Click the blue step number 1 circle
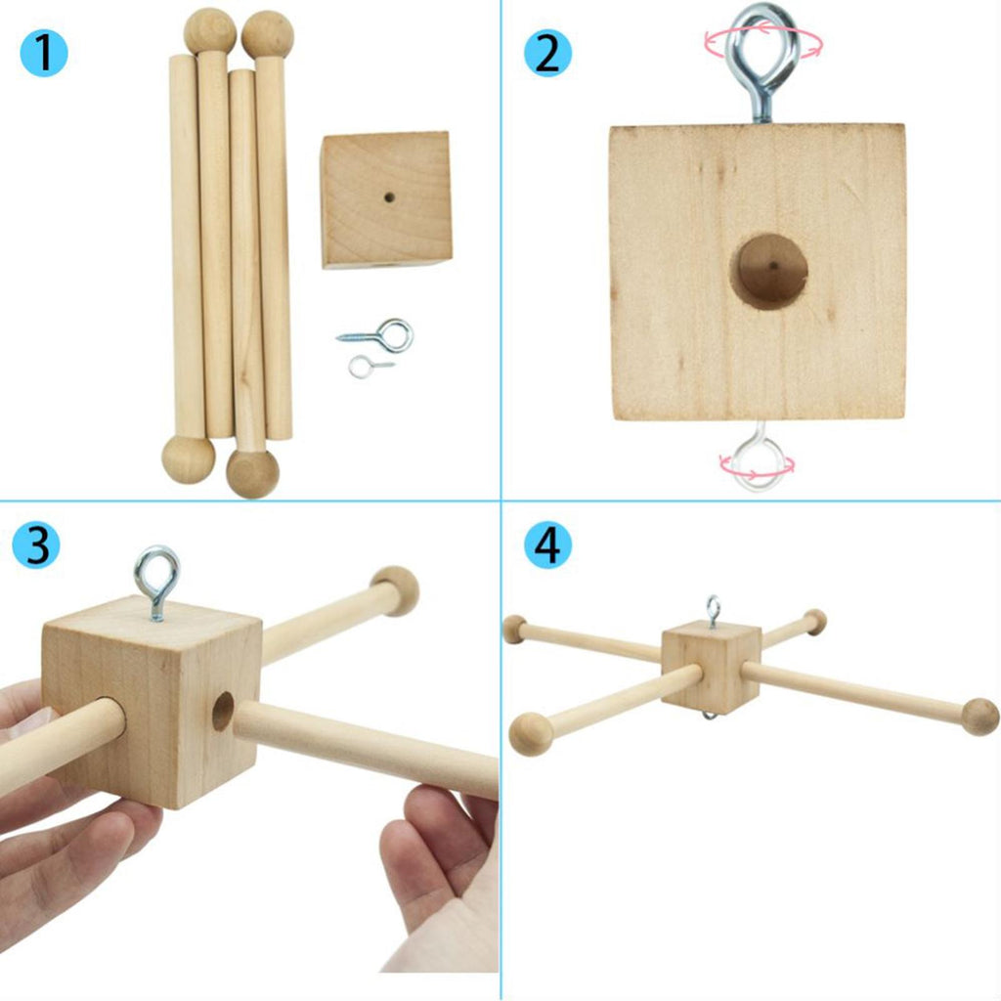click(x=44, y=53)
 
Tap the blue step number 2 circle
click(x=547, y=53)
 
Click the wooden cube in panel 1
click(x=386, y=199)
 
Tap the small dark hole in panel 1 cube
click(x=389, y=197)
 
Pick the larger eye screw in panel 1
click(x=376, y=335)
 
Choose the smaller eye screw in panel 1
click(x=370, y=367)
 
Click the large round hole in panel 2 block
click(x=768, y=272)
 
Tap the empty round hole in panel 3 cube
click(x=223, y=712)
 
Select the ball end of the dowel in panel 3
click(x=395, y=589)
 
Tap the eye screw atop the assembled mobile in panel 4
click(x=713, y=612)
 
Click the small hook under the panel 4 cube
click(x=710, y=716)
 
